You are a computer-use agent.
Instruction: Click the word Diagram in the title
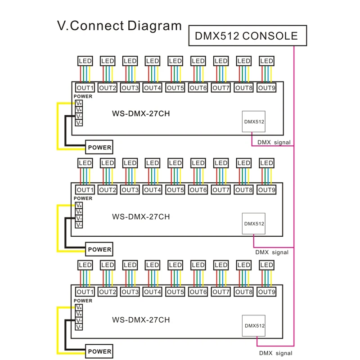154,25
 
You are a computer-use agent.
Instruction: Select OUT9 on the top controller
266,88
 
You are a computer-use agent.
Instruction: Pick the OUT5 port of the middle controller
175,190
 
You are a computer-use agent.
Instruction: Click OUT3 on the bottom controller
130,292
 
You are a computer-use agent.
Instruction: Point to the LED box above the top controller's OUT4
153,61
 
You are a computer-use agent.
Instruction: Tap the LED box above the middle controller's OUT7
221,162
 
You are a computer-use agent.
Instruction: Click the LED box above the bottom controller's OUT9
266,265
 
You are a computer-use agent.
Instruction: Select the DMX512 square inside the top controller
254,121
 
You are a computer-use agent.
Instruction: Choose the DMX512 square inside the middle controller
254,223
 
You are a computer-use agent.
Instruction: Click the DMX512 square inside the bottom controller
254,325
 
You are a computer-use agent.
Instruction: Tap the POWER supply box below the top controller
99,147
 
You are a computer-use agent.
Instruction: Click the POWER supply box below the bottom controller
99,351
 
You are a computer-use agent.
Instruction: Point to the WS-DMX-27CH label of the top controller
141,114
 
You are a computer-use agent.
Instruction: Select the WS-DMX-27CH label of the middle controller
141,216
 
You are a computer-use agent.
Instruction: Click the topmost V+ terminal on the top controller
79,103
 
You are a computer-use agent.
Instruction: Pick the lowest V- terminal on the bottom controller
79,327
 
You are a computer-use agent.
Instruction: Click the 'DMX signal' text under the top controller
274,142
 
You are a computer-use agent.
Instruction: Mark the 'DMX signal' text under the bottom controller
275,353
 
